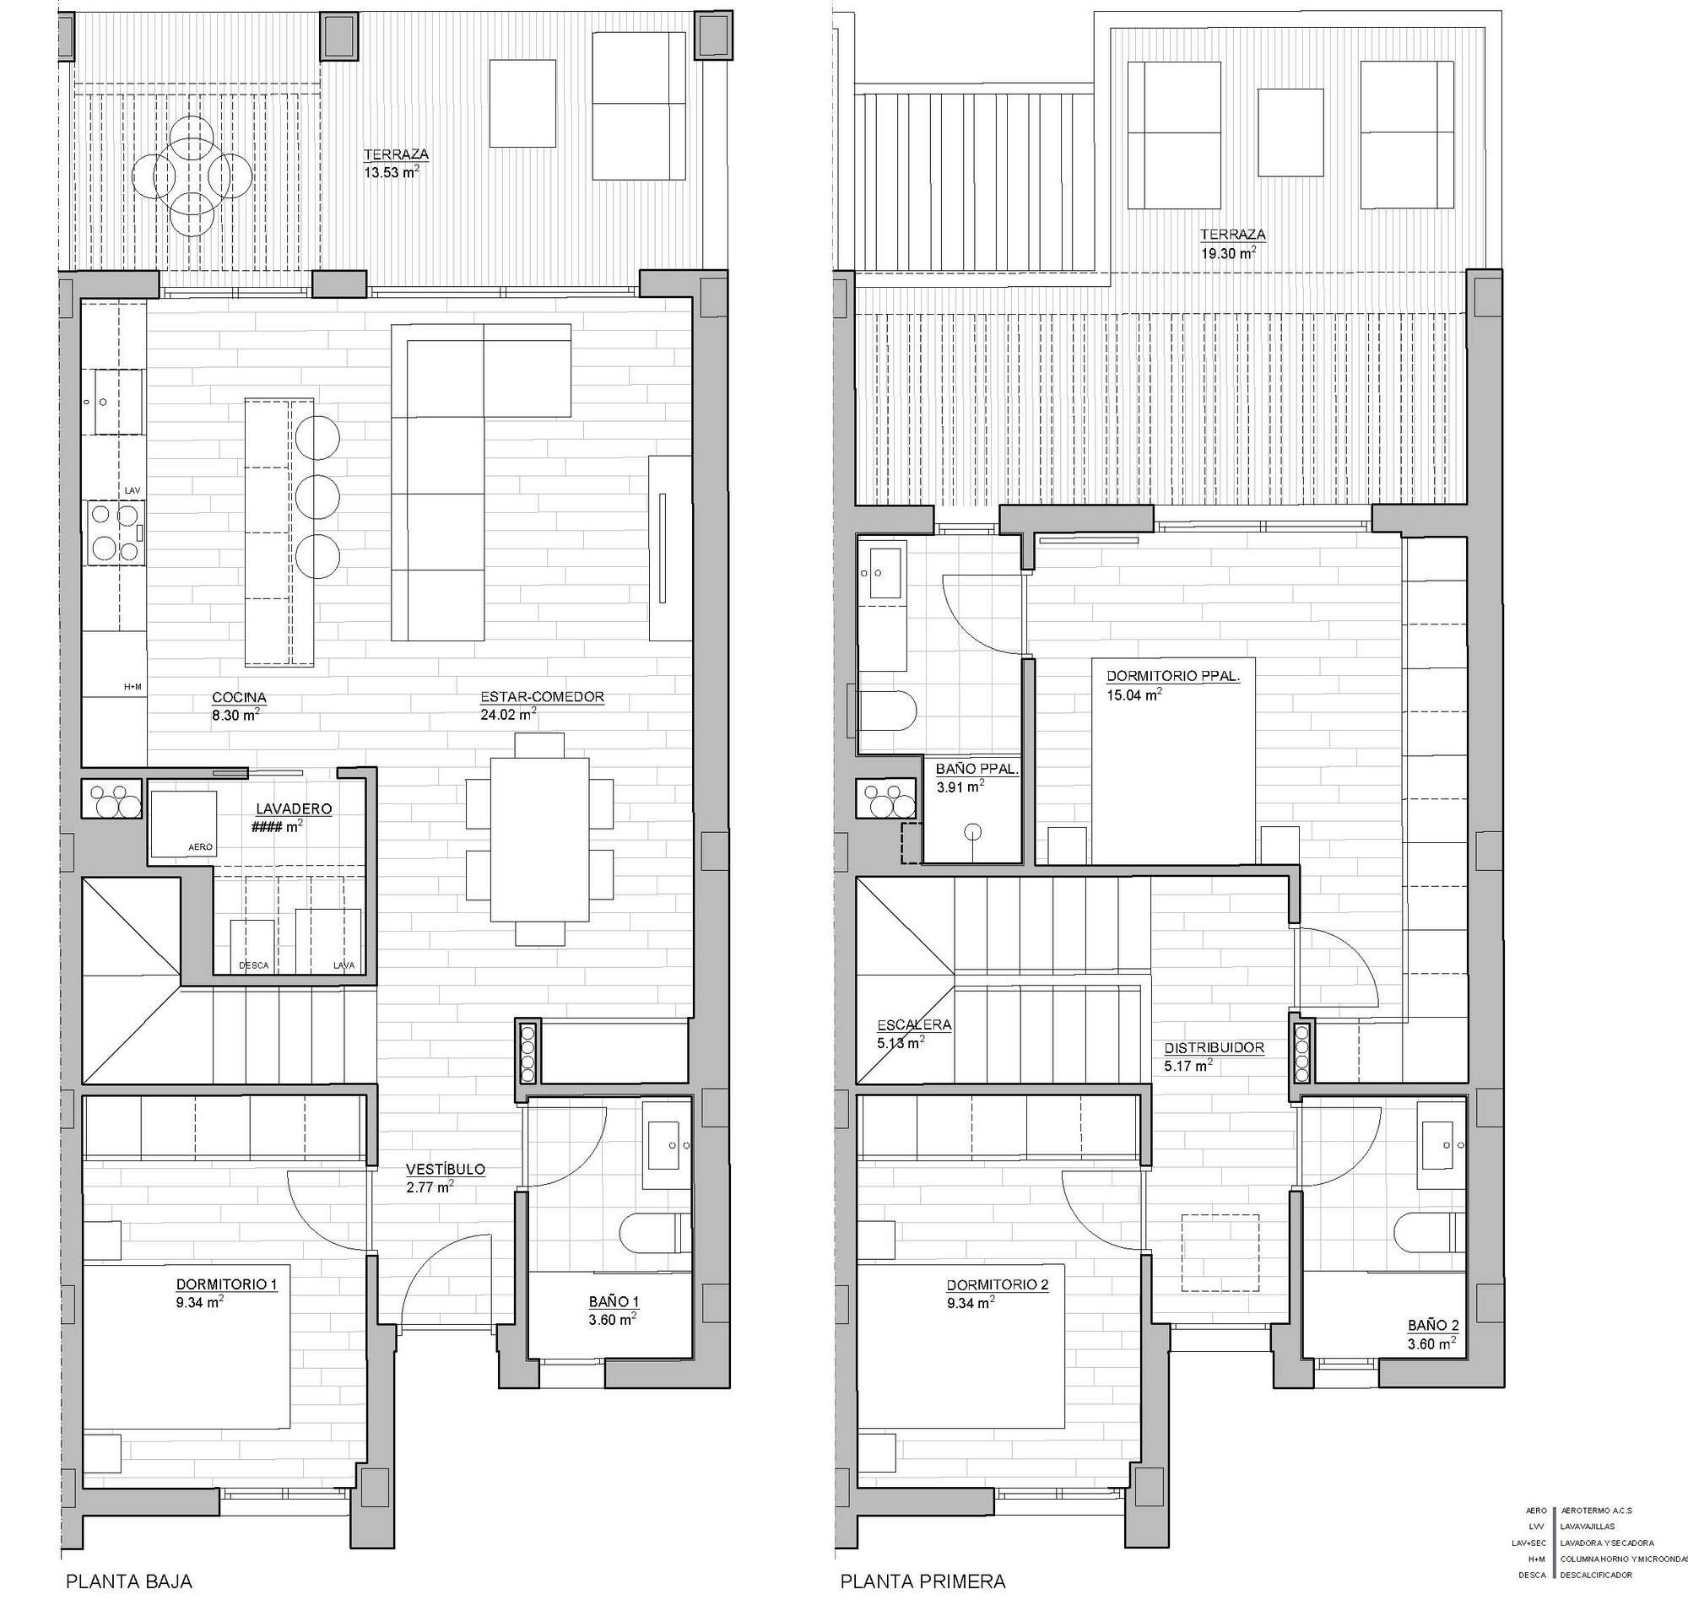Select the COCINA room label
coord(239,698)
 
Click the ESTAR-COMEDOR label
coord(543,697)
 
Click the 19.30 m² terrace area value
coord(1227,252)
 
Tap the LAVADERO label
coord(295,808)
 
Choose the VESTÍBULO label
coord(446,1170)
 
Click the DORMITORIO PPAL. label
coord(1173,675)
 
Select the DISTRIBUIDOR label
coord(1215,1047)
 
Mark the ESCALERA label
coord(914,1025)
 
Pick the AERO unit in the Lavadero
coord(183,824)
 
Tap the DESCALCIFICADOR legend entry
coord(1596,1575)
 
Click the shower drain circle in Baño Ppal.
coord(972,831)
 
